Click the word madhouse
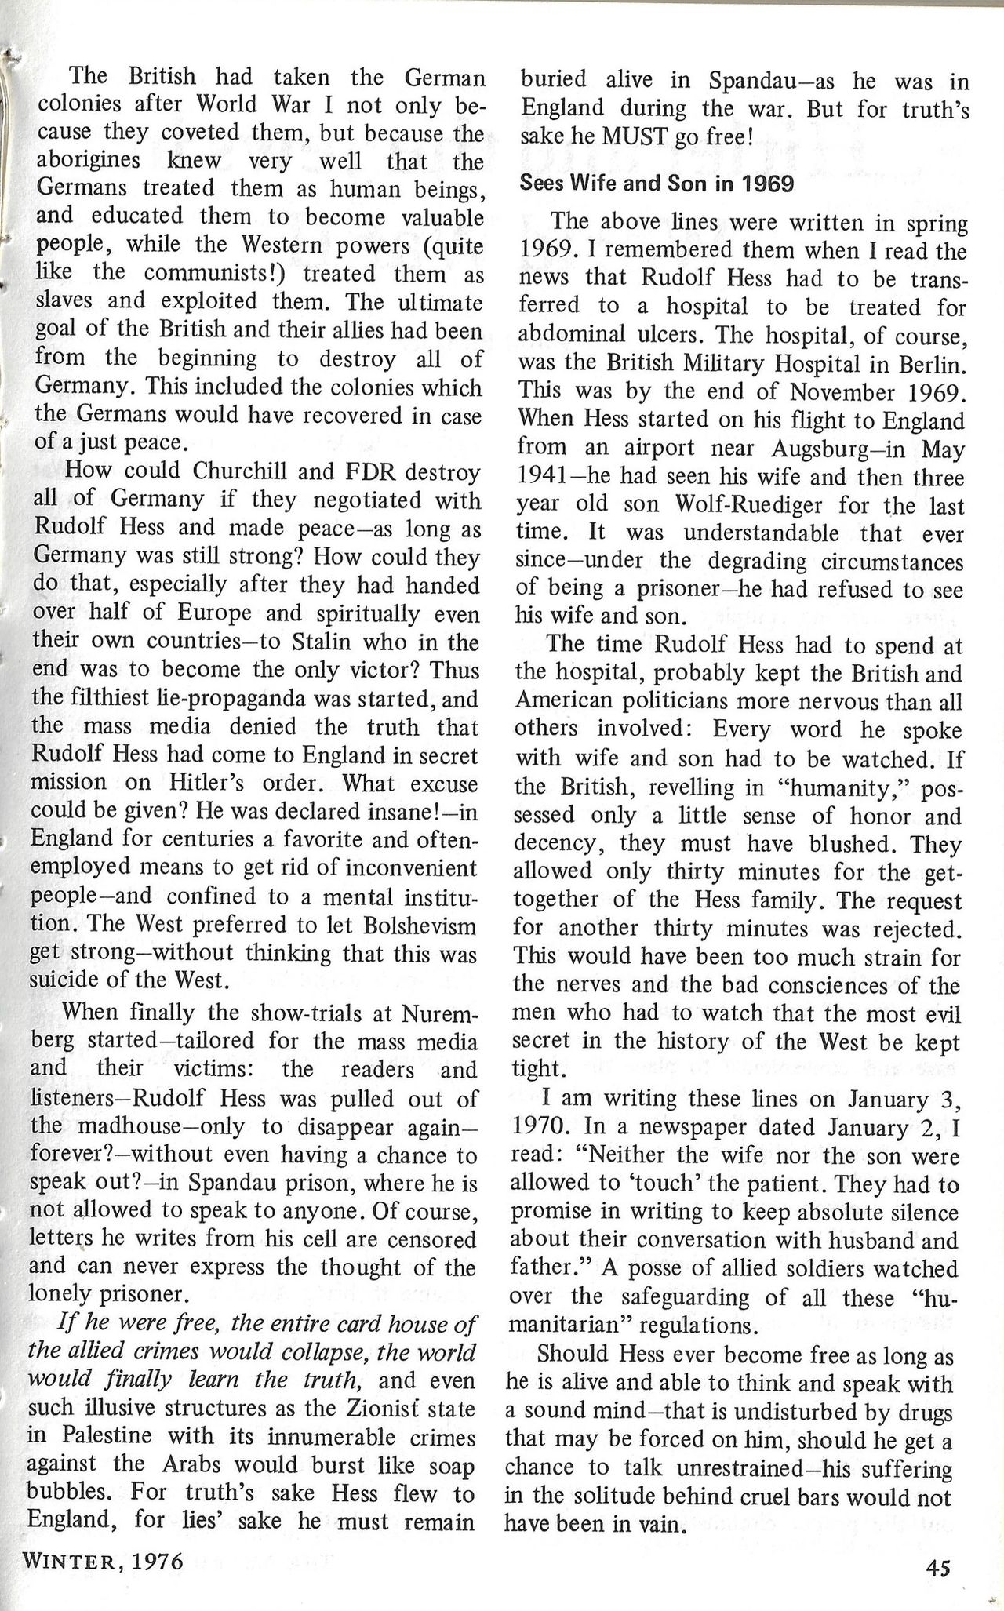(127, 1126)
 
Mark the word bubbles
(72, 1493)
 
